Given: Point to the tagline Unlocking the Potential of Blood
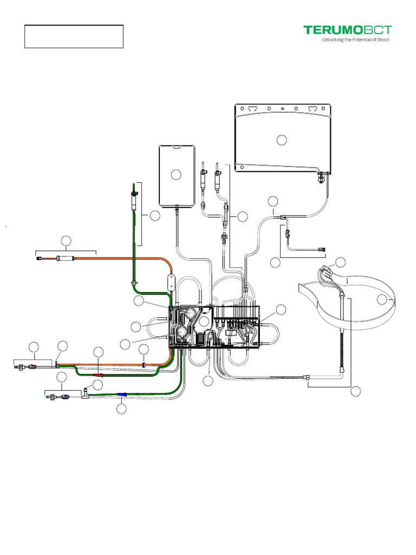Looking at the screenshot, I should point(355,40).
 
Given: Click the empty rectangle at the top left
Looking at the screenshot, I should point(74,36).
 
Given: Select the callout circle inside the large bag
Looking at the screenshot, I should point(281,140).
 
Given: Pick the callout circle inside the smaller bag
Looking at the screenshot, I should point(175,175).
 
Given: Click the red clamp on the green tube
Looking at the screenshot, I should point(98,374).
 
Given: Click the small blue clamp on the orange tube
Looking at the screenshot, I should point(144,364).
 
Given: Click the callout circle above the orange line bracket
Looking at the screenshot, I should point(66,240).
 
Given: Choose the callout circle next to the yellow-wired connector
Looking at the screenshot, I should point(341,262).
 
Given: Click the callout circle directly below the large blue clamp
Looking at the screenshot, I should point(122,409).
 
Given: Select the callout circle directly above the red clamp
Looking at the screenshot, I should point(98,352).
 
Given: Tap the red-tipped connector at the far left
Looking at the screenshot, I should point(31,367).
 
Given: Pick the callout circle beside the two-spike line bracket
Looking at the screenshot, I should point(243,217).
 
